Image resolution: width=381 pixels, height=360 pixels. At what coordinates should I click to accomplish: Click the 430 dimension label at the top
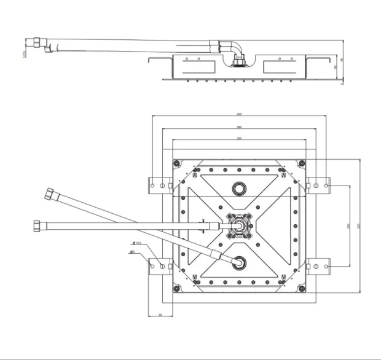coord(239,114)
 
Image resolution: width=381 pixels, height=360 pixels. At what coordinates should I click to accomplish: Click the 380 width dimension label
coord(239,127)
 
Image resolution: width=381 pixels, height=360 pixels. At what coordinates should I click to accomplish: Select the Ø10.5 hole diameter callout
coord(136,243)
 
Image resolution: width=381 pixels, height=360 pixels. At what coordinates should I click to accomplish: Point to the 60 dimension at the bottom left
coord(160,314)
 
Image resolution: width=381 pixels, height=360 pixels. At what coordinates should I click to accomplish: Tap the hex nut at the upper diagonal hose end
coord(49,196)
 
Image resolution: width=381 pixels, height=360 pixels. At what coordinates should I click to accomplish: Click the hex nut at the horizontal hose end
coord(36,224)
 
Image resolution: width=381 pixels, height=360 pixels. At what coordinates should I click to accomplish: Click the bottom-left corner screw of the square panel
coord(177,288)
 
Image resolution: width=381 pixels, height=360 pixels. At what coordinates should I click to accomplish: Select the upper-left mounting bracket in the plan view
coord(160,184)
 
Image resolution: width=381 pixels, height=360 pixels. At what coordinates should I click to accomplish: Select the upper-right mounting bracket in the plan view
coord(318,184)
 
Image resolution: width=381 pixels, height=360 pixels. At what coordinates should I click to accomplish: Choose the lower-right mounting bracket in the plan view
coord(318,266)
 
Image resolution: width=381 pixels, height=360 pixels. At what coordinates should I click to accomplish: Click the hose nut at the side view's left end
coord(37,44)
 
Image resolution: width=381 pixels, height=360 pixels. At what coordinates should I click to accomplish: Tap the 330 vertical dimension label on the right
coord(359,225)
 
